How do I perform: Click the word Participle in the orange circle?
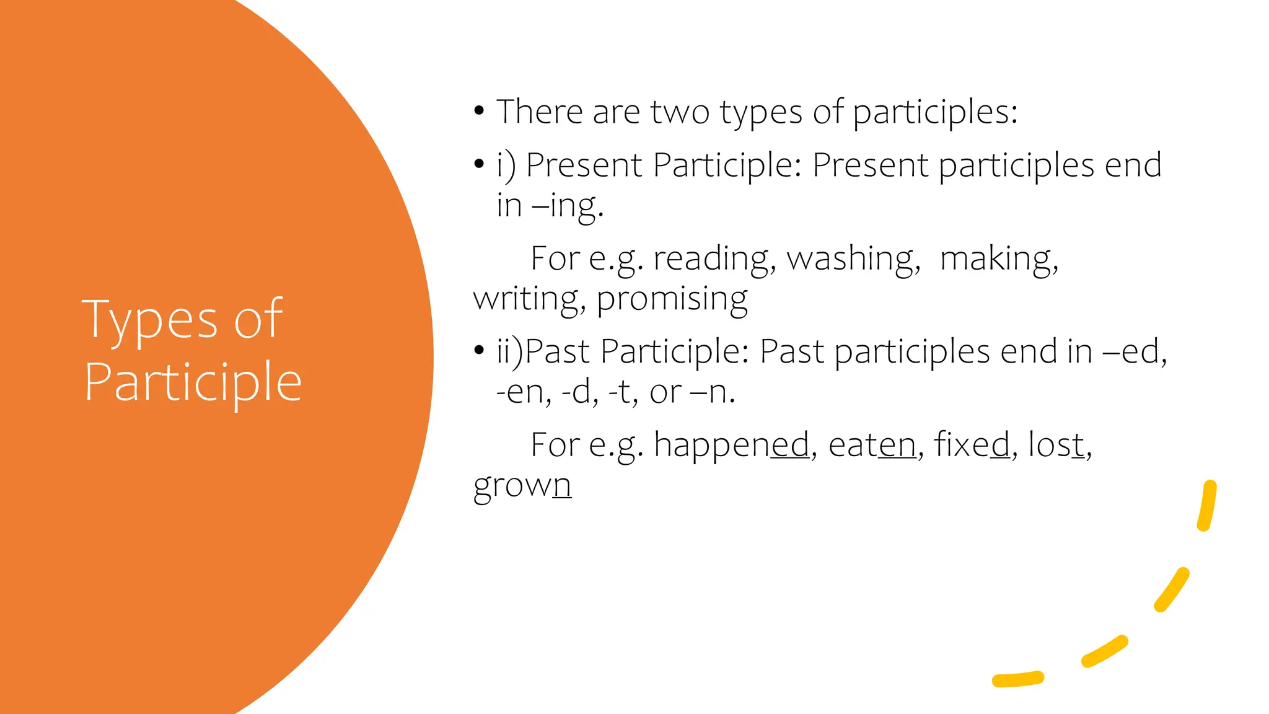coord(193,382)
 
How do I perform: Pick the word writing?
coord(529,299)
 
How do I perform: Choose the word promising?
coord(672,299)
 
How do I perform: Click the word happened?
coord(732,445)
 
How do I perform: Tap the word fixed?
coord(972,445)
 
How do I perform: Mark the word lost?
coord(1056,445)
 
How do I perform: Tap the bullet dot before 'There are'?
coord(478,112)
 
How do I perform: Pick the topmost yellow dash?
coord(1207,506)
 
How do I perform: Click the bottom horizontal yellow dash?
coord(1017,679)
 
